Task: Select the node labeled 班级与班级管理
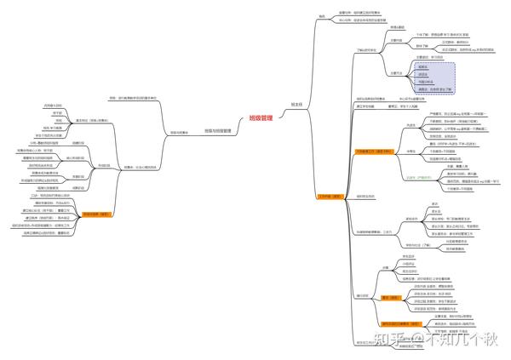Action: pos(219,130)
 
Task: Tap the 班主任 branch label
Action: pos(296,103)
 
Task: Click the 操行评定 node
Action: pos(361,295)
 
